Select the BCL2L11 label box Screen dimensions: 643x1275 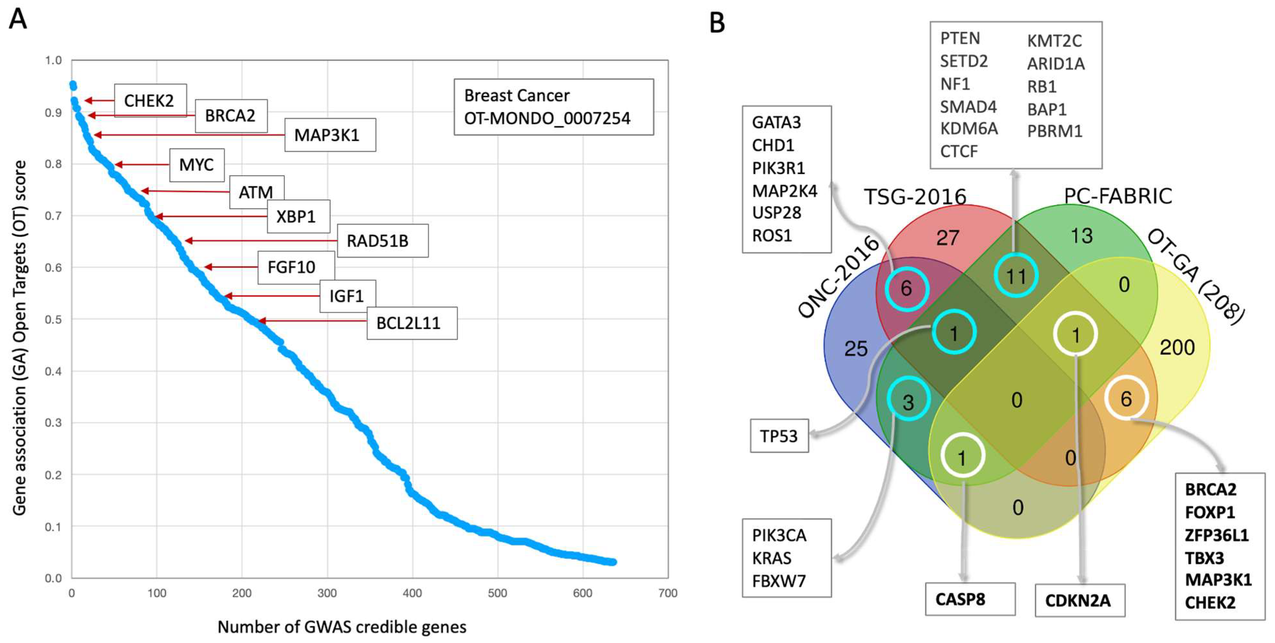click(411, 323)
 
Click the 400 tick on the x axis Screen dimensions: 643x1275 click(412, 593)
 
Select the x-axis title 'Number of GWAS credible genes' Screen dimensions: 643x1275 click(341, 627)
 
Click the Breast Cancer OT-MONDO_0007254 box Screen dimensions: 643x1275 click(553, 107)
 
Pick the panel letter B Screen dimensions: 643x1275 click(717, 23)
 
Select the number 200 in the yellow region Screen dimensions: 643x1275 click(1177, 348)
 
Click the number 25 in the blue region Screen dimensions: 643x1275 click(856, 349)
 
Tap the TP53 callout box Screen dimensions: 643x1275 click(779, 436)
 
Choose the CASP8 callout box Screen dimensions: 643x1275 click(970, 599)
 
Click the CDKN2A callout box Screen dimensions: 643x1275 click(1079, 600)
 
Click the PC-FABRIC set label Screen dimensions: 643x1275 click(1118, 196)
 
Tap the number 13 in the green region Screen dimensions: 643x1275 click(1081, 236)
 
